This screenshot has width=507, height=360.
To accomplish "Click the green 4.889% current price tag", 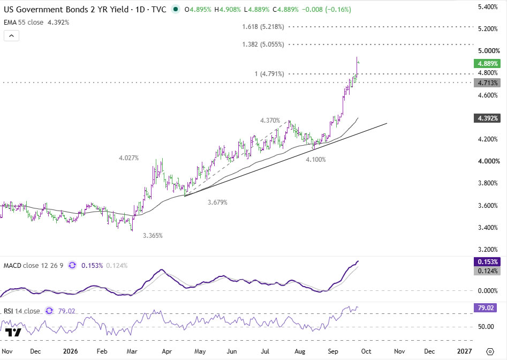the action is pos(487,63).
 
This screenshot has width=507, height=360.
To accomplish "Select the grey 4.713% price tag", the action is pos(487,83).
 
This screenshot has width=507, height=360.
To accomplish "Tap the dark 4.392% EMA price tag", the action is pos(487,118).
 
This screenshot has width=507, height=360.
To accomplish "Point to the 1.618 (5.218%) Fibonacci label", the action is pos(263,27).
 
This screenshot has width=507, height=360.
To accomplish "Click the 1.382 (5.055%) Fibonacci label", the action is pos(263,44).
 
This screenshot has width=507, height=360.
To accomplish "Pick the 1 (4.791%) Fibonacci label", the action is pos(269,74).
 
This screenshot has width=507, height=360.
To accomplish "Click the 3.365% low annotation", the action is pos(153,236).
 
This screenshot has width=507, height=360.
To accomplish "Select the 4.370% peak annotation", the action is pos(270,121).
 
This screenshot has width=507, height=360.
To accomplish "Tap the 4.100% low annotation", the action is pos(316,160).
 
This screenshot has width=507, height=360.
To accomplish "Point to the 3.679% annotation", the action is pos(217,202).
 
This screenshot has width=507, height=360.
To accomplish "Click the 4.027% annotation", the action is pos(128,158).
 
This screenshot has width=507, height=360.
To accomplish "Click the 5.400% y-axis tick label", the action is pos(488,7).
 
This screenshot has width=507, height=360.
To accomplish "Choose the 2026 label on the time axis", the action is pos(71,351).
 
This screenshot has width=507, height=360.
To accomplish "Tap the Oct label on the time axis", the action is pos(366,351).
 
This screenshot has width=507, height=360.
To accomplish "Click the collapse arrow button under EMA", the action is pos(11,35).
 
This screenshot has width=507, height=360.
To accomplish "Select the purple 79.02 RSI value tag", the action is pos(486,307).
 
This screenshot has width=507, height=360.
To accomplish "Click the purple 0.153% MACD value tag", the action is pos(487,261).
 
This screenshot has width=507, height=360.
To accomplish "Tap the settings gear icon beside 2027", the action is pos(490,351).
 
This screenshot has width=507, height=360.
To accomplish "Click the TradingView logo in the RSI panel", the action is pos(13,333).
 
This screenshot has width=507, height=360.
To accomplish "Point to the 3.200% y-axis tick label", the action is pos(488,250).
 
